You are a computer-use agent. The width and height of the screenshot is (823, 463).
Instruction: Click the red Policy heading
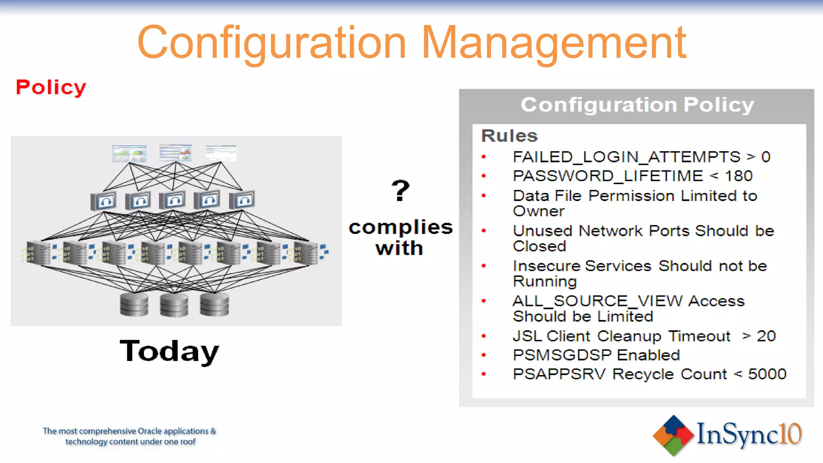pyautogui.click(x=51, y=87)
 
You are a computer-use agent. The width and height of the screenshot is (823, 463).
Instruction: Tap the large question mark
pyautogui.click(x=400, y=191)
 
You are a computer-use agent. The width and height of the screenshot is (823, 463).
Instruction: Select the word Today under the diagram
pyautogui.click(x=169, y=351)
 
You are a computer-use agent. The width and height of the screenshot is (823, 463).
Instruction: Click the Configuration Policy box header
pyautogui.click(x=637, y=105)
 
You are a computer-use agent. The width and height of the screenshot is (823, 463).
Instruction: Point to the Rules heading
pyautogui.click(x=509, y=136)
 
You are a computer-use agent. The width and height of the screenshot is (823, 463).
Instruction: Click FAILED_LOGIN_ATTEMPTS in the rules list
pyautogui.click(x=626, y=157)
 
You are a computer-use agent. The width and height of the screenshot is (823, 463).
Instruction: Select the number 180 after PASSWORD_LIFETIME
pyautogui.click(x=739, y=176)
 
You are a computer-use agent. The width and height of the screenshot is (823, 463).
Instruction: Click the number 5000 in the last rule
pyautogui.click(x=767, y=374)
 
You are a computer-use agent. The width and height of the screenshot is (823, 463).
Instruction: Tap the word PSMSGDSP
pyautogui.click(x=563, y=355)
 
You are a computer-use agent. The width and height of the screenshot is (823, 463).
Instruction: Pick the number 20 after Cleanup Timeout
pyautogui.click(x=766, y=336)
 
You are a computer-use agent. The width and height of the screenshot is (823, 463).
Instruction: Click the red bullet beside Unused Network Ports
pyautogui.click(x=484, y=231)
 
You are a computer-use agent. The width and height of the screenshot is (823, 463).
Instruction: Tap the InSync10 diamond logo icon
pyautogui.click(x=673, y=435)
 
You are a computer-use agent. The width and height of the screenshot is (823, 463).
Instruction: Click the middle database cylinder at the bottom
pyautogui.click(x=174, y=305)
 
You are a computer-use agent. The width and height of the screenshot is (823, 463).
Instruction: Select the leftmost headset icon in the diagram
pyautogui.click(x=104, y=201)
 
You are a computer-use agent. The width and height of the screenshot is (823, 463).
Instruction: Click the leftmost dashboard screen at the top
pyautogui.click(x=129, y=154)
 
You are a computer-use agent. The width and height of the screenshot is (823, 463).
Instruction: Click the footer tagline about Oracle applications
pyautogui.click(x=130, y=436)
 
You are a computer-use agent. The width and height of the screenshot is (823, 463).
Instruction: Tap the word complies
pyautogui.click(x=400, y=227)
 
